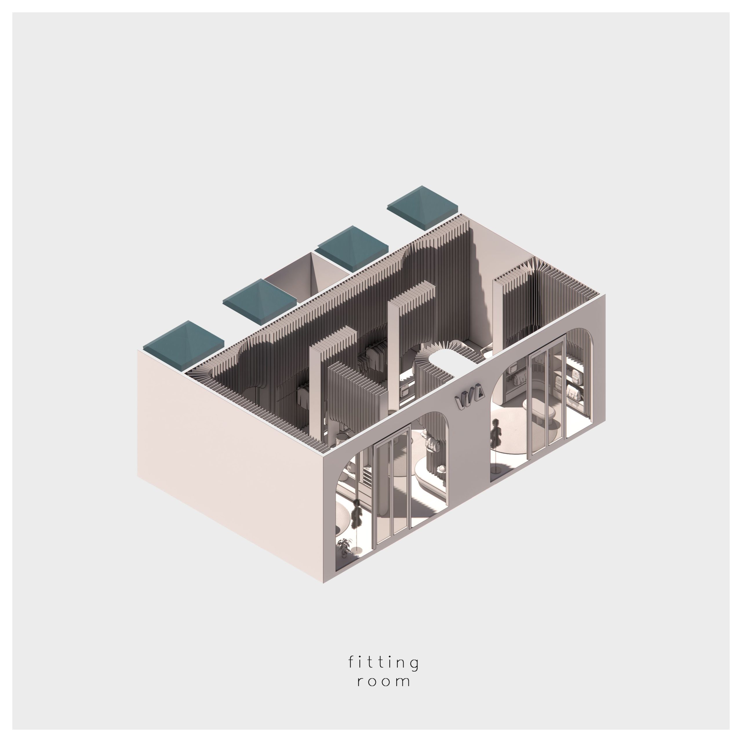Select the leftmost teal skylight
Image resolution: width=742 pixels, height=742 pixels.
pyautogui.click(x=183, y=344)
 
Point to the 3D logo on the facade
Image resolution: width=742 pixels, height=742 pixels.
pyautogui.click(x=469, y=393)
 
